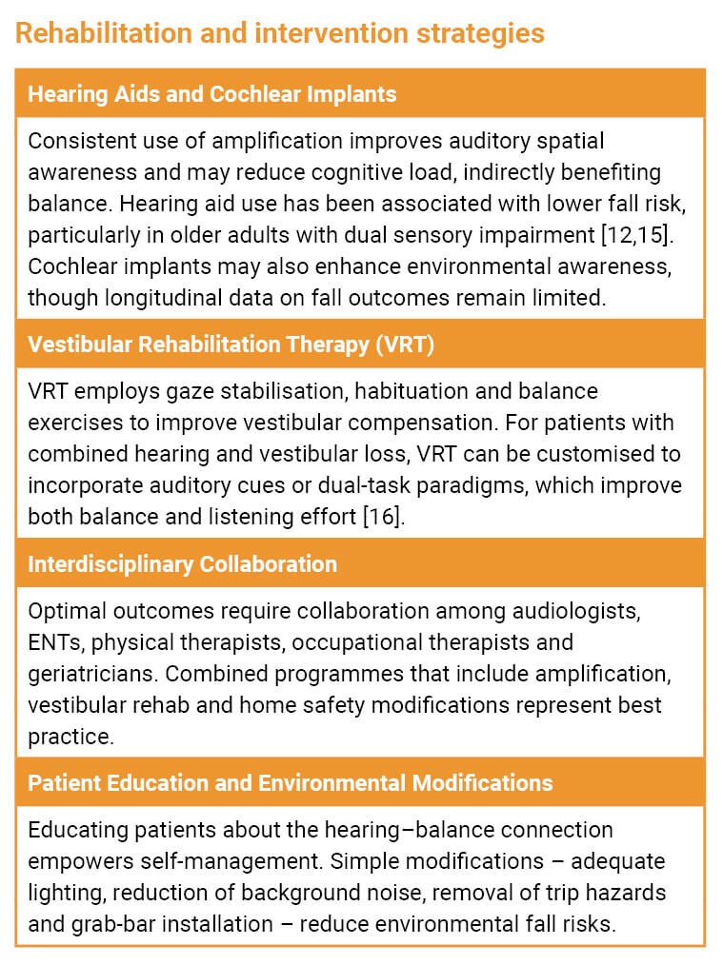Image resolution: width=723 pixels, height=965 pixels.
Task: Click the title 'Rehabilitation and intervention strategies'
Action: [x=280, y=33]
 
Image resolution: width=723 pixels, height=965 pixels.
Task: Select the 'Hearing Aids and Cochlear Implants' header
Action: [x=211, y=94]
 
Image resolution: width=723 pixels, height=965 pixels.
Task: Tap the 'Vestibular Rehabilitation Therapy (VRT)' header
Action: [x=231, y=345]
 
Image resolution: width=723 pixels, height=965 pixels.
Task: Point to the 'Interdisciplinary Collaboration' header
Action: [x=182, y=564]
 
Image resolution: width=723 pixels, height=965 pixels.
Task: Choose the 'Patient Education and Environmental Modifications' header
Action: [x=290, y=783]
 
